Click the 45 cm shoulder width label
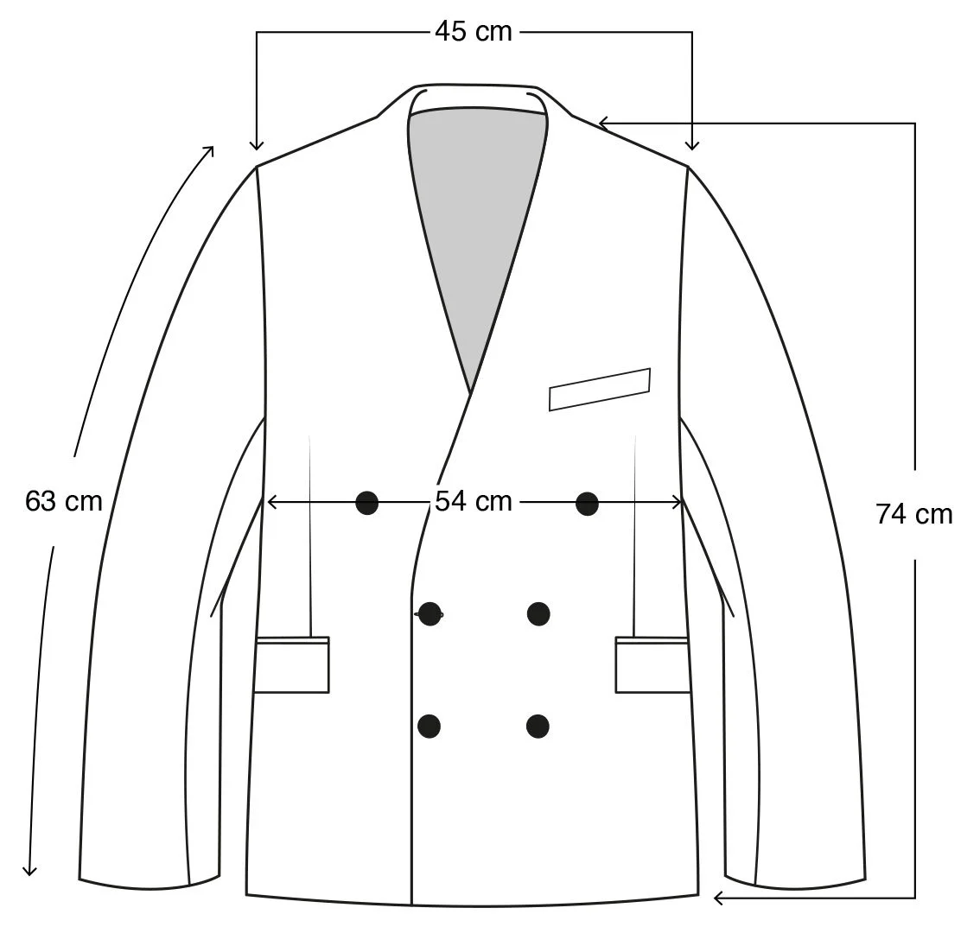click(x=473, y=32)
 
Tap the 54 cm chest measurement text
click(x=473, y=501)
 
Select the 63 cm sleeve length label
click(x=64, y=501)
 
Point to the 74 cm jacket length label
click(x=914, y=514)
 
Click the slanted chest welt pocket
click(x=600, y=389)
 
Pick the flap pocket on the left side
click(x=292, y=664)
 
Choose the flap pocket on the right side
click(x=652, y=664)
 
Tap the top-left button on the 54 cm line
click(x=367, y=502)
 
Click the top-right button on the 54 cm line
click(x=587, y=502)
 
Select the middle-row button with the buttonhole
click(x=430, y=613)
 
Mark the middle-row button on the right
click(x=538, y=613)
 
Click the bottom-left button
click(x=430, y=726)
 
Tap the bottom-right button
click(x=538, y=726)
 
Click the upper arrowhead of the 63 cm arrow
click(x=210, y=149)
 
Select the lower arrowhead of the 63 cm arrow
click(x=30, y=871)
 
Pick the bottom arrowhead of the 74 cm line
click(x=717, y=898)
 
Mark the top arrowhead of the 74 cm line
click(x=603, y=124)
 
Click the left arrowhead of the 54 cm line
click(x=270, y=501)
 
